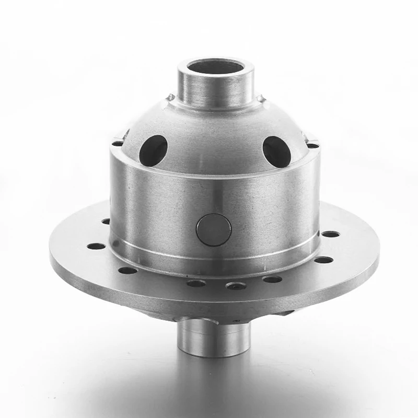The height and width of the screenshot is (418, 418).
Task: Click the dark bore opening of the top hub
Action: pos(216,67)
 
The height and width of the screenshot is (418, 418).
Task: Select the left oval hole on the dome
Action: pos(153,150)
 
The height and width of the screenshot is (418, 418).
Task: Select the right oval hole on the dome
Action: pos(276,152)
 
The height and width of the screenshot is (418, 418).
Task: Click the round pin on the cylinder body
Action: pos(214,230)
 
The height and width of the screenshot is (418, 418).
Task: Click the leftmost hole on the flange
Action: pos(95,246)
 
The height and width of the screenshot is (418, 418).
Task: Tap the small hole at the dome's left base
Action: pos(118,143)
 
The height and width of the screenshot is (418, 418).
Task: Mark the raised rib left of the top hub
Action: pos(170,97)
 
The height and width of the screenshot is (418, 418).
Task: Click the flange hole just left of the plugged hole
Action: pos(196,283)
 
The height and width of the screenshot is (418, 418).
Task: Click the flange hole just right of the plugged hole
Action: pos(272,279)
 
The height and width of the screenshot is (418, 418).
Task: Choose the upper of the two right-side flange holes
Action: pos(330,234)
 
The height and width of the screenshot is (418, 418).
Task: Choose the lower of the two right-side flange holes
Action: pos(323,260)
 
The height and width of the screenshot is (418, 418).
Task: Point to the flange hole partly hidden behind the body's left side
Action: pos(106,222)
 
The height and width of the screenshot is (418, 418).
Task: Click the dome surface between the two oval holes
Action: pos(215,138)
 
